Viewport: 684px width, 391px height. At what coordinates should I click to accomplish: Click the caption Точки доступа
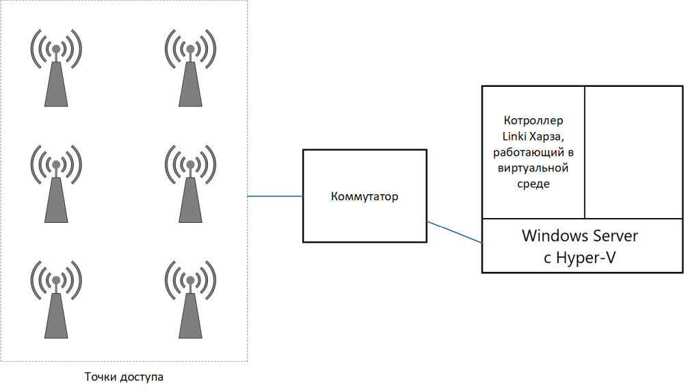[x=124, y=377]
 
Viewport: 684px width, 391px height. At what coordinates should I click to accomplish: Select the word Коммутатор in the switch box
[x=365, y=197]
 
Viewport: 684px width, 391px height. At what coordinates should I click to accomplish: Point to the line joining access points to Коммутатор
[x=275, y=196]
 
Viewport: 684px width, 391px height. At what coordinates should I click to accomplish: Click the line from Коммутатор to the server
[x=454, y=232]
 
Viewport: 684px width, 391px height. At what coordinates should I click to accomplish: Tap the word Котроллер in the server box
[x=533, y=120]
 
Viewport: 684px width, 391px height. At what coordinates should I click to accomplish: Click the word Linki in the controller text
[x=515, y=136]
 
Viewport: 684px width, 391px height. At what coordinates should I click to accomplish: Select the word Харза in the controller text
[x=547, y=137]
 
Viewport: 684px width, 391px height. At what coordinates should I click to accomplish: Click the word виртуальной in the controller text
[x=533, y=168]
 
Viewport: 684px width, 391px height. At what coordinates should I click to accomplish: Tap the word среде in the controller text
[x=533, y=184]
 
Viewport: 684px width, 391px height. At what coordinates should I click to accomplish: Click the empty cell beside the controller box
[x=633, y=152]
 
